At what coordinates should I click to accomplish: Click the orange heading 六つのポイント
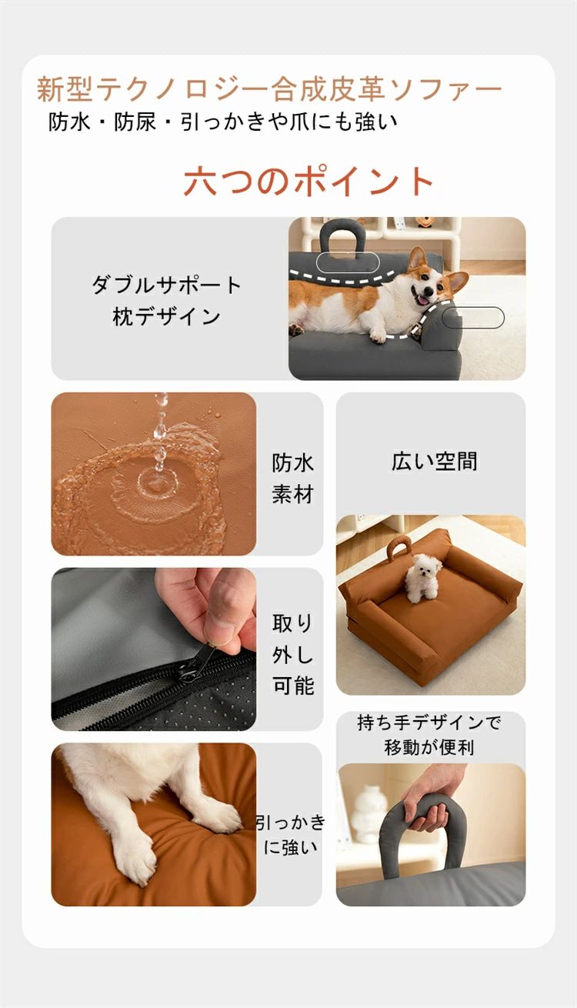click(309, 182)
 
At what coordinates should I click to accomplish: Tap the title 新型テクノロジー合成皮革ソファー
click(269, 88)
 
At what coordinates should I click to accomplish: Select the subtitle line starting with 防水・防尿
click(223, 122)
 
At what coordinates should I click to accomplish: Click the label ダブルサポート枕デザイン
click(166, 301)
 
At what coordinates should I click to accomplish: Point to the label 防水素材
click(292, 479)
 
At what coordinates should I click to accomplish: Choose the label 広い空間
click(435, 461)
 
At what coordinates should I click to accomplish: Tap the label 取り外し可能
click(293, 654)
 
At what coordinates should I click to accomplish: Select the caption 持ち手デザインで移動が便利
click(429, 734)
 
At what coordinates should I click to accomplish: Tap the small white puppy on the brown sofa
click(422, 577)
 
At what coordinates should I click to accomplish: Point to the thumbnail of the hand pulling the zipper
click(154, 649)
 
